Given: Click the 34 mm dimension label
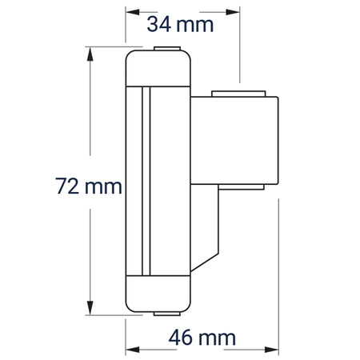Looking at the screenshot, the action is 180,25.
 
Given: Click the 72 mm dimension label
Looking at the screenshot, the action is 89,186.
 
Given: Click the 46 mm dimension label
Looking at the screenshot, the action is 202,338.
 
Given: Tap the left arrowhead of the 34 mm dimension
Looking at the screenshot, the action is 133,12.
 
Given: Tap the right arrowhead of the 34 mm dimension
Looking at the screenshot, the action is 233,12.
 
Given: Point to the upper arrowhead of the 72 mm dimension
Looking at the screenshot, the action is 90,54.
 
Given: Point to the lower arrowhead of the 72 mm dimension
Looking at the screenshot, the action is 90,308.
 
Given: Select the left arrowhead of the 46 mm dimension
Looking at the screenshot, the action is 133,350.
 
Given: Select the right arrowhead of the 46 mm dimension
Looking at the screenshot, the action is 271,350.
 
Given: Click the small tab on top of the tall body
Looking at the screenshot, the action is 167,49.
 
